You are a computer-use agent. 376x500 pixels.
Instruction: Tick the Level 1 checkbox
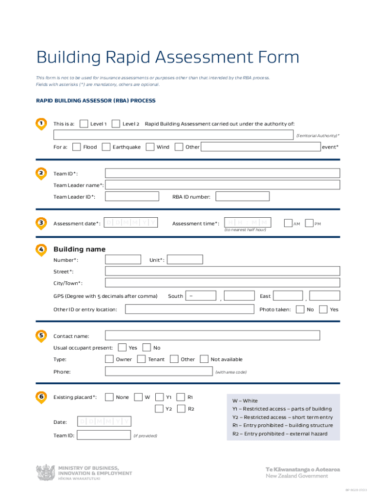pyautogui.click(x=84, y=124)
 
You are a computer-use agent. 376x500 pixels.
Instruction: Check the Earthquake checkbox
pyautogui.click(x=106, y=146)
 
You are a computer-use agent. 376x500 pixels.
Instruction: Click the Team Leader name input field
pyautogui.click(x=222, y=185)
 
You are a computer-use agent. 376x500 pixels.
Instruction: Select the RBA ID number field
pyautogui.click(x=243, y=196)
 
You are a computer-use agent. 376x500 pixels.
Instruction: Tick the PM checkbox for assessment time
pyautogui.click(x=309, y=223)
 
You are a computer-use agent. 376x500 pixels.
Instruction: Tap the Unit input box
pyautogui.click(x=185, y=260)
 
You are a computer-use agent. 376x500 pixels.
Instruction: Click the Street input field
pyautogui.click(x=222, y=271)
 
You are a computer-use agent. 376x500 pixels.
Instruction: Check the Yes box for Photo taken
pyautogui.click(x=323, y=309)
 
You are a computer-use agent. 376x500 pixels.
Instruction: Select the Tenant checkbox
pyautogui.click(x=141, y=359)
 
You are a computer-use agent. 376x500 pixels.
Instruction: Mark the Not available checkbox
pyautogui.click(x=204, y=359)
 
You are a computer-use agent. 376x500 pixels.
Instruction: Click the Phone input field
pyautogui.click(x=159, y=372)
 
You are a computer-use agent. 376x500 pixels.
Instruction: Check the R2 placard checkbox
pyautogui.click(x=181, y=409)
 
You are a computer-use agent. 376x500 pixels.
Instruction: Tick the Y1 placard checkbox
pyautogui.click(x=159, y=397)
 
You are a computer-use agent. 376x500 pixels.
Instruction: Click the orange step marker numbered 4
pyautogui.click(x=42, y=249)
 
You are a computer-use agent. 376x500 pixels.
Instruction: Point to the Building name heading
pyautogui.click(x=79, y=249)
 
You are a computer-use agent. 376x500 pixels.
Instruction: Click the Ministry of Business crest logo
pyautogui.click(x=46, y=472)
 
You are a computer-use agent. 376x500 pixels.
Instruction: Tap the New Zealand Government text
pyautogui.click(x=296, y=476)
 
